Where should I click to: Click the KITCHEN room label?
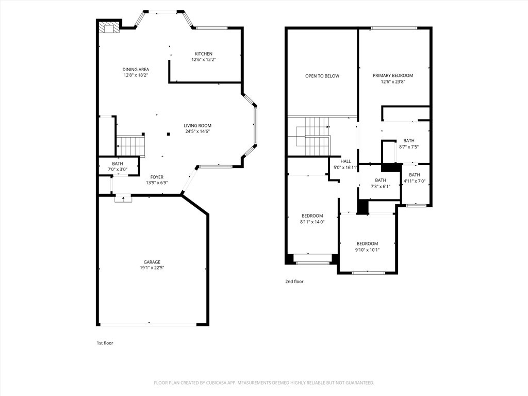pos(203,54)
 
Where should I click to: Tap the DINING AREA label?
pos(136,70)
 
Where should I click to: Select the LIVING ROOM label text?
pos(197,125)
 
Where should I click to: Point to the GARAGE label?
pos(152,262)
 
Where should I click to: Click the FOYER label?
pos(157,177)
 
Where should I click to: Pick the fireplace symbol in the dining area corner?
pos(109,27)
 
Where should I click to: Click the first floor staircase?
pos(130,145)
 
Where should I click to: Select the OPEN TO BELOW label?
pos(322,76)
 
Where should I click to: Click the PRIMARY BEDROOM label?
pos(393,75)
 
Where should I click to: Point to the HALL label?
pos(345,161)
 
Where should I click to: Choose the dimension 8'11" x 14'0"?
pos(312,222)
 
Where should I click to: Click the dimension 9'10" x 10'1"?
pos(367,250)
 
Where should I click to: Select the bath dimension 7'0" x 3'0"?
pos(118,170)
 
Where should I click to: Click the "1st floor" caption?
pos(105,343)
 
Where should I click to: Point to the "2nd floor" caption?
pos(294,282)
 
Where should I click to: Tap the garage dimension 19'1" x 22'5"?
pos(152,268)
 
